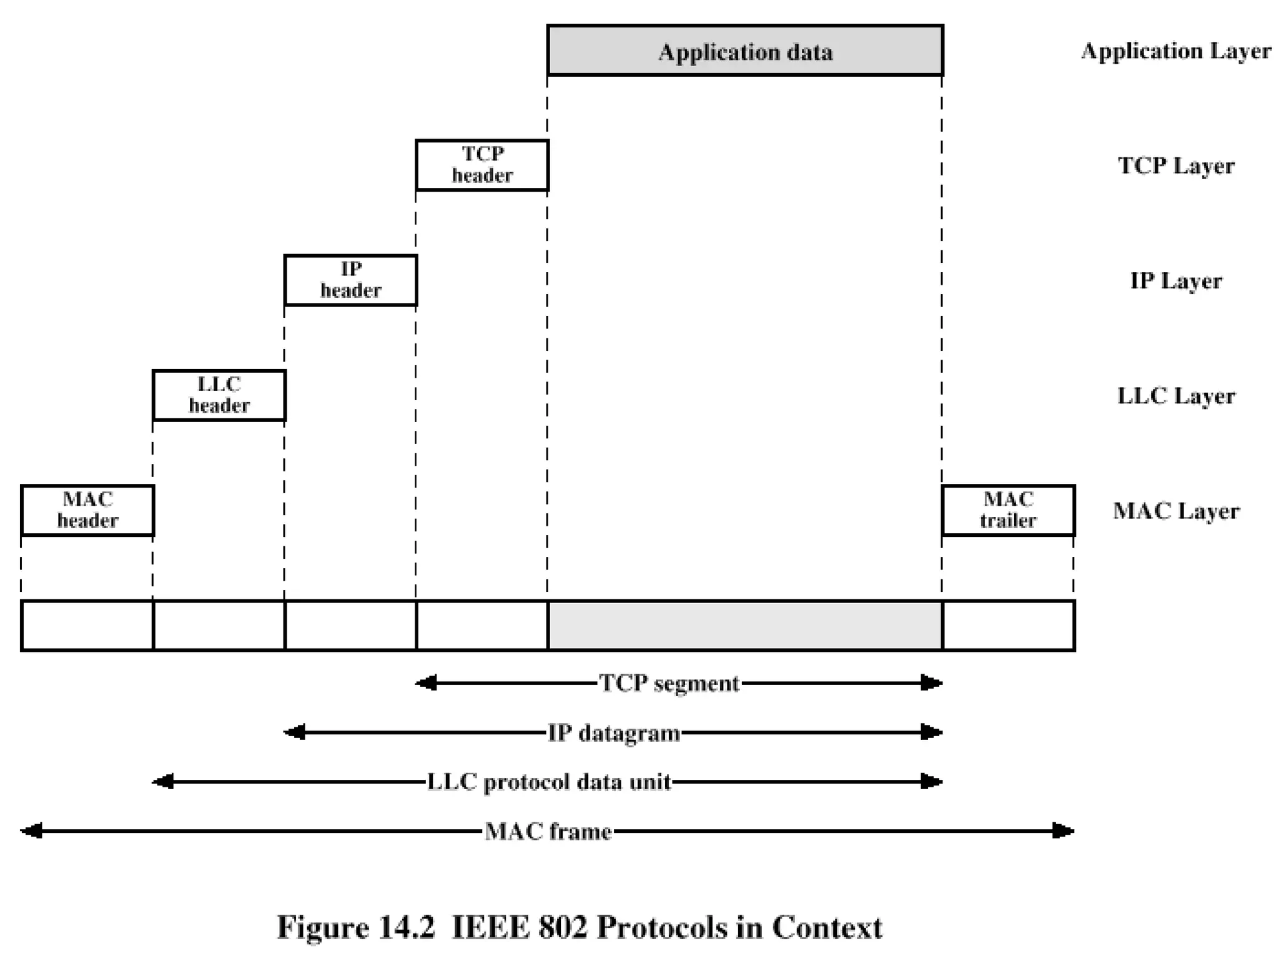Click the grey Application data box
click(x=744, y=51)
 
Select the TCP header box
click(x=481, y=165)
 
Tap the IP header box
click(x=350, y=280)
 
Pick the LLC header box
click(x=219, y=395)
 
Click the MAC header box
click(x=87, y=509)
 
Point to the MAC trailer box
click(x=1007, y=509)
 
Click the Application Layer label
click(x=1175, y=51)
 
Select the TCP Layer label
click(x=1175, y=166)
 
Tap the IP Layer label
click(x=1175, y=281)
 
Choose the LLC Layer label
click(x=1175, y=396)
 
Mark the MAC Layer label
click(x=1175, y=511)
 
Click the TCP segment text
click(x=669, y=683)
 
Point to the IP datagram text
click(x=613, y=732)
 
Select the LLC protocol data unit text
click(x=548, y=782)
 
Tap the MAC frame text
click(x=548, y=831)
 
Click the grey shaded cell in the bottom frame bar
click(x=744, y=626)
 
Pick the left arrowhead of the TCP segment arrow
click(x=426, y=683)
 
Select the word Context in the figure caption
click(x=827, y=927)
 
